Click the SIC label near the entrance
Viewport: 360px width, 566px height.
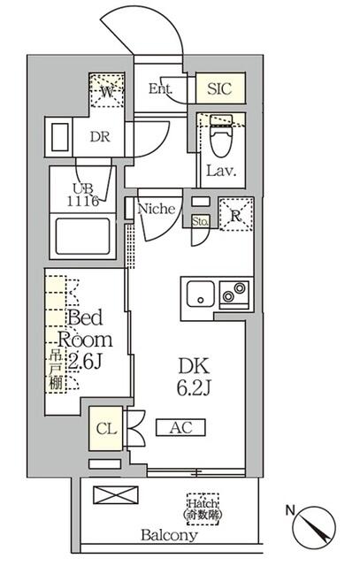[x=220, y=88]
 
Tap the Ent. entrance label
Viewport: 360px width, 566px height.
[x=160, y=88]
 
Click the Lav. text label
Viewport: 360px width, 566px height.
[x=219, y=171]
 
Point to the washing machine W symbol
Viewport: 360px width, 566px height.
[x=106, y=89]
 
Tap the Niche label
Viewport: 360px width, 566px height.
[x=159, y=209]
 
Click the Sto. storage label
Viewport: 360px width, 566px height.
[x=200, y=222]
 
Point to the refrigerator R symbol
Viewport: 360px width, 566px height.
[x=236, y=215]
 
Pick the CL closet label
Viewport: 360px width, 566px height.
[x=106, y=429]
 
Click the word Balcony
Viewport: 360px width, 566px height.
[x=169, y=535]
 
